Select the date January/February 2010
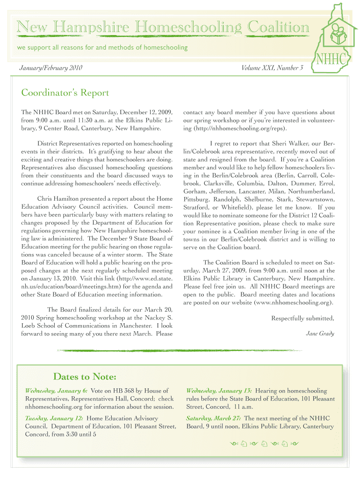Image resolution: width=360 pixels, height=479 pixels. (51, 69)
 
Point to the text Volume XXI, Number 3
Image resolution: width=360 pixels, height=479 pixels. (272, 69)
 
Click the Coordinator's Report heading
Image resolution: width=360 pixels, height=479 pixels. (65, 93)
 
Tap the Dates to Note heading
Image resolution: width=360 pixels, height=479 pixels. (85, 377)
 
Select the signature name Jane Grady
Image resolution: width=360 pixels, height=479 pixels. (320, 334)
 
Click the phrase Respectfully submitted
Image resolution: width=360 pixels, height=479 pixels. (303, 319)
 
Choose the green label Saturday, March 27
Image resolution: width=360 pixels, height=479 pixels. (214, 418)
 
